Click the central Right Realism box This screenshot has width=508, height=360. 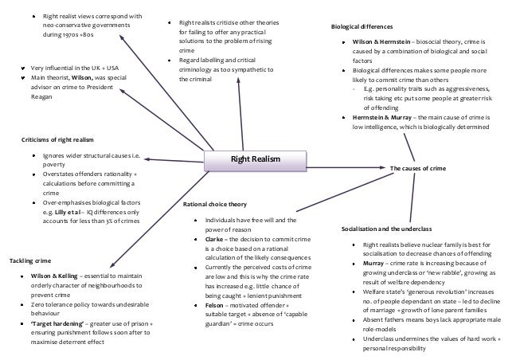pos(255,160)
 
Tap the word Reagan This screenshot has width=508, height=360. pos(41,98)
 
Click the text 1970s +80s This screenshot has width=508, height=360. pos(68,36)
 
